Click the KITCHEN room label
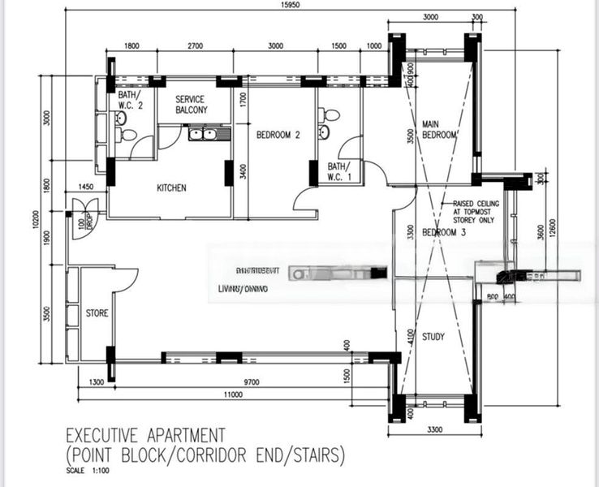(171, 188)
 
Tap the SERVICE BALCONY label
(190, 104)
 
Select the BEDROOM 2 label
(278, 136)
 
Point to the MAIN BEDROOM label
(440, 129)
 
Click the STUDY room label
(433, 336)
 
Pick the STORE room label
(97, 312)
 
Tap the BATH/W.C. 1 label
(338, 170)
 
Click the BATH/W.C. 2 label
(130, 101)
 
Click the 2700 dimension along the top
(195, 46)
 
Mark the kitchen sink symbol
(202, 133)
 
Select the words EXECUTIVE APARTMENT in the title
(145, 436)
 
